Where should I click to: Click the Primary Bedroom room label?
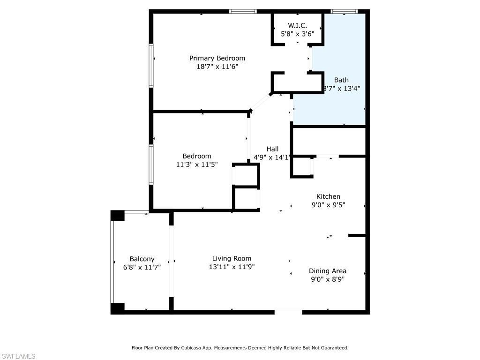point(217,58)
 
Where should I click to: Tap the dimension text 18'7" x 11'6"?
point(217,67)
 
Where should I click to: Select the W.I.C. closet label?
point(297,25)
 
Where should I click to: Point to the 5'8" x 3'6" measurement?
point(297,34)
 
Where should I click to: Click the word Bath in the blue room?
point(341,80)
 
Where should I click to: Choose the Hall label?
point(272,149)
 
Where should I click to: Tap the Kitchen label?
point(328,196)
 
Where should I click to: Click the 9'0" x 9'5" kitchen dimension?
point(328,205)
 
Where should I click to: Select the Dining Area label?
point(328,270)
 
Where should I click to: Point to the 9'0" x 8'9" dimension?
point(328,279)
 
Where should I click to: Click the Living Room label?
point(232,258)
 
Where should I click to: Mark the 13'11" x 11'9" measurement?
point(232,267)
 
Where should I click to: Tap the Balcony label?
point(142,259)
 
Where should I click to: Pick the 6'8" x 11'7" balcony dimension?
point(142,267)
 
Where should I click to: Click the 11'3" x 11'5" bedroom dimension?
point(197,165)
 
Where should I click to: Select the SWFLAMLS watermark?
point(18,356)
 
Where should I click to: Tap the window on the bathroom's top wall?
point(344,11)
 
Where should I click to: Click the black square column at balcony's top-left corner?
point(117,216)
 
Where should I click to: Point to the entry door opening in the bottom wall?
point(288,311)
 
